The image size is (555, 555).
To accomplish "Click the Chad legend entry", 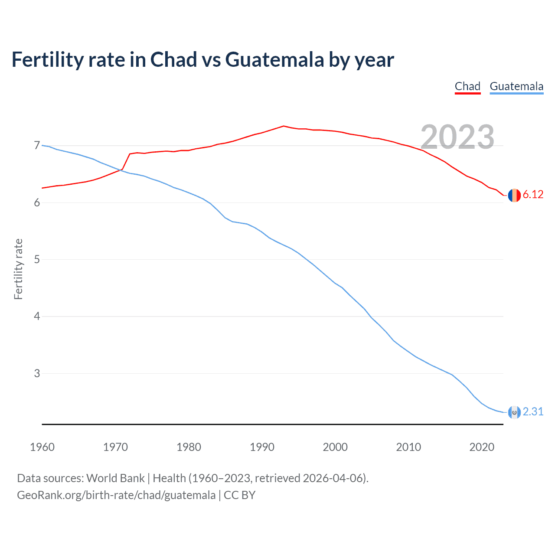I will coord(467,86).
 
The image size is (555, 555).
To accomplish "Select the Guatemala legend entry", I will coord(516,86).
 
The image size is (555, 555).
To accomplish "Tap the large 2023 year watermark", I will coord(457,137).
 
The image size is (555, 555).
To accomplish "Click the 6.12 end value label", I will coord(533,195).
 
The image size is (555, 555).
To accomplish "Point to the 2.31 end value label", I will coord(533,411).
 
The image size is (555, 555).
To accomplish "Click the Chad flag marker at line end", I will coord(514,195).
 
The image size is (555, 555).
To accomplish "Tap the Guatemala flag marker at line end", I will coord(514,412).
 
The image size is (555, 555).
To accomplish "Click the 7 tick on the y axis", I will coord(37,146).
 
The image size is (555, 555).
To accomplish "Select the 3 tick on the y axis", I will coord(37,373).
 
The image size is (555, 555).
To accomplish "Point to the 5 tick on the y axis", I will coord(37,260).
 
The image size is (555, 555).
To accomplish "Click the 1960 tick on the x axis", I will coord(42,447).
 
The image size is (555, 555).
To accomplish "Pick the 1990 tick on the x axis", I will coord(262,447).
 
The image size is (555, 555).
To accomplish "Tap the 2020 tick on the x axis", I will coord(482,447).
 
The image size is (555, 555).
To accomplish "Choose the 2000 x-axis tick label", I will coord(335,447).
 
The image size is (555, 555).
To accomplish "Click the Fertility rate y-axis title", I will coord(18,269).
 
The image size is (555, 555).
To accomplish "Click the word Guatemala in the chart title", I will coord(274,59).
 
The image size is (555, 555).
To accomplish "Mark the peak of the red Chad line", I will coord(284,126).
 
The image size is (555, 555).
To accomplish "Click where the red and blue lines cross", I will coord(120,170).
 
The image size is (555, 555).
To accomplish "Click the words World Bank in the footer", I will coord(115,478).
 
